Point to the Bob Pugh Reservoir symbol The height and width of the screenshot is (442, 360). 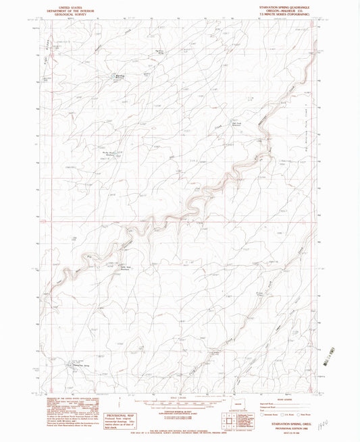(113, 76)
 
